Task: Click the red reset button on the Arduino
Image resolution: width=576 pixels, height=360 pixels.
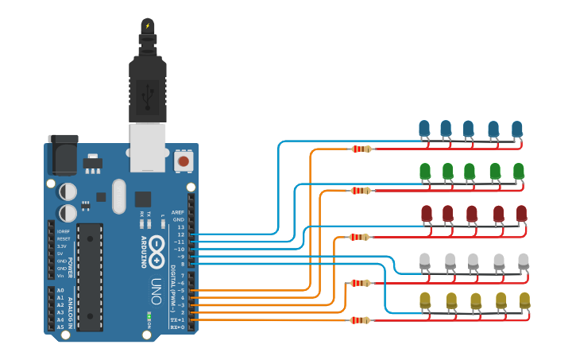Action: (184, 161)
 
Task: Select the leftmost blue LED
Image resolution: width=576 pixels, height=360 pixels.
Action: (424, 128)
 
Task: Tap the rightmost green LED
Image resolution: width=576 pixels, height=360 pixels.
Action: (518, 171)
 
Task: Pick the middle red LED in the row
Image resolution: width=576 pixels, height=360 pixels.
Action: (471, 213)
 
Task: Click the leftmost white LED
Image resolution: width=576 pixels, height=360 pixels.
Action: (425, 260)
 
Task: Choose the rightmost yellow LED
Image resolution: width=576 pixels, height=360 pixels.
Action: (524, 300)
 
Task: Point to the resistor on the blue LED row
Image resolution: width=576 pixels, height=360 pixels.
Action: (361, 149)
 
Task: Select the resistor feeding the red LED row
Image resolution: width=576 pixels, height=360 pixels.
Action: (360, 237)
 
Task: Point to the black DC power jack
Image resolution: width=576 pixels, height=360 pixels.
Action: (64, 155)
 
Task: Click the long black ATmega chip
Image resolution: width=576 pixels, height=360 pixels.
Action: (90, 277)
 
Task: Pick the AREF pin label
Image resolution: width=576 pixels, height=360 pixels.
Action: (178, 213)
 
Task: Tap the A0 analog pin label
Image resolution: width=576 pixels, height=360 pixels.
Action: (60, 291)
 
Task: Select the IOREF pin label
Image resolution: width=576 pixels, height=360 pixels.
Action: (64, 231)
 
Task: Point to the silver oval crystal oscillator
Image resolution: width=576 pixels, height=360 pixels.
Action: (119, 196)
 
